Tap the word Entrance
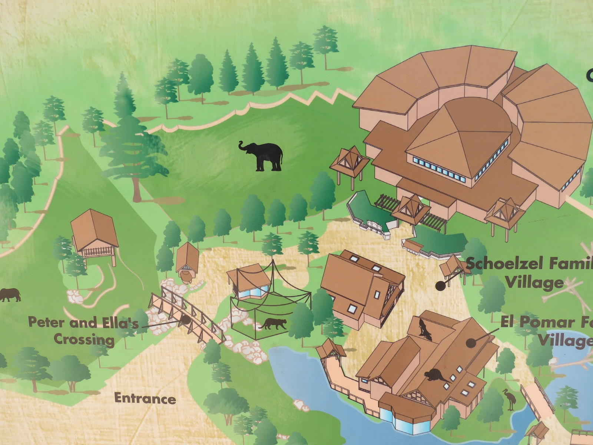145,399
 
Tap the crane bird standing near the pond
509,399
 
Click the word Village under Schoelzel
534,283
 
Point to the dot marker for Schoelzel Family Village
440,286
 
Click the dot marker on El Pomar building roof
471,343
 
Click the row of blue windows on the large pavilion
439,169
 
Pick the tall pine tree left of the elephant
132,145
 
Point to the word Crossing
84,340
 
